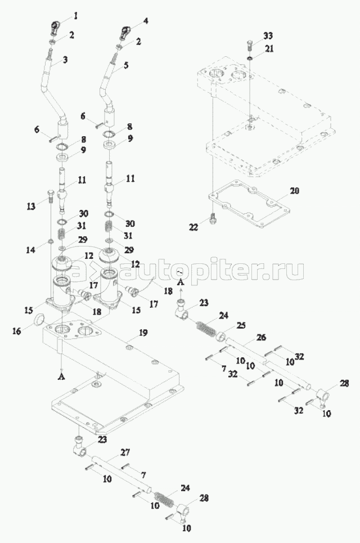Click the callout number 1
point(75,16)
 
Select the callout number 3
point(65,59)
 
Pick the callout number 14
point(31,249)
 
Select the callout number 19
point(143,333)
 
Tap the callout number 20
point(294,190)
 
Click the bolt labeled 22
point(213,218)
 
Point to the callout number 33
point(268,35)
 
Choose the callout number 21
point(269,49)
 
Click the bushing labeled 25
point(222,336)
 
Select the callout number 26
point(261,336)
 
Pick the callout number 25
point(241,326)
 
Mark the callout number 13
point(31,207)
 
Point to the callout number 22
point(193,227)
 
